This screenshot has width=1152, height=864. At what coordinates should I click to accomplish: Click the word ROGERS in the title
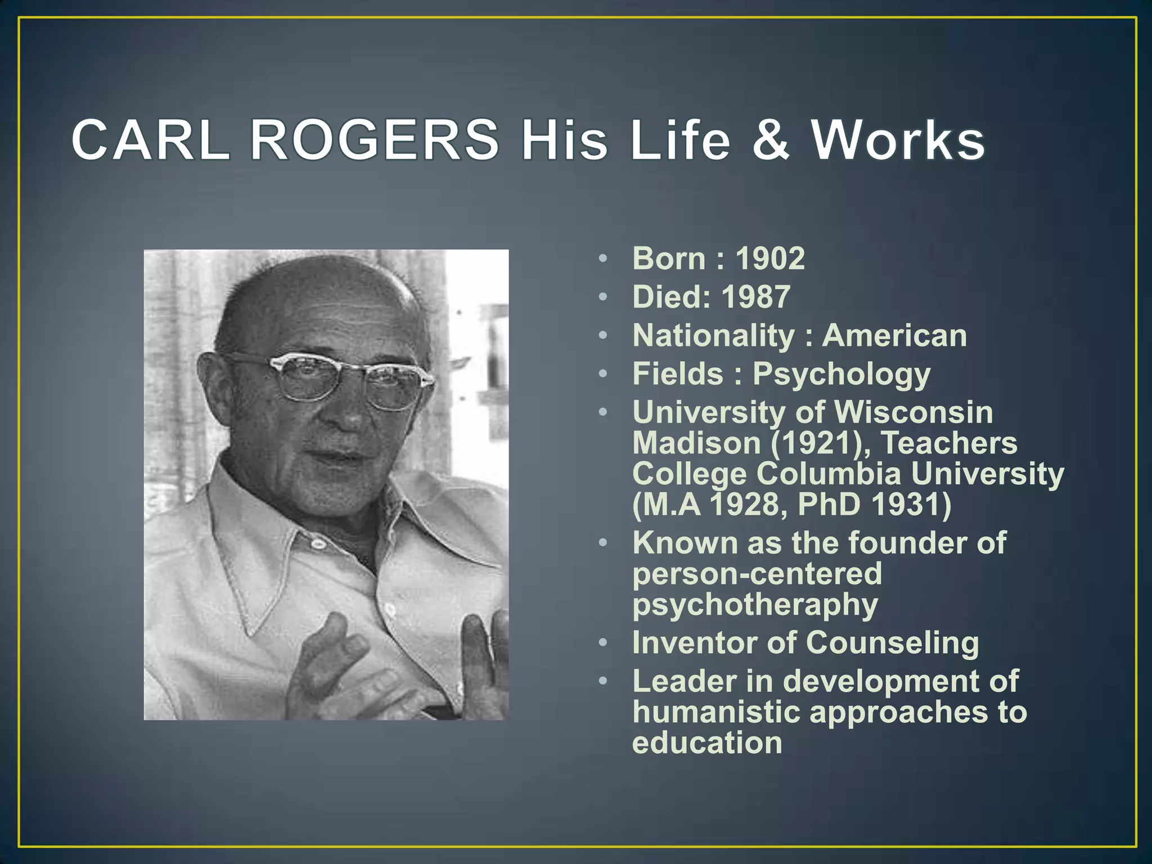click(x=373, y=140)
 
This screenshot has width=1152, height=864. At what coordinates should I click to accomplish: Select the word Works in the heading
click(x=898, y=140)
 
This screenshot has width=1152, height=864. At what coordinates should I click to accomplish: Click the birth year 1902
click(x=770, y=259)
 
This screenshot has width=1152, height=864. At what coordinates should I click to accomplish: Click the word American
click(x=894, y=336)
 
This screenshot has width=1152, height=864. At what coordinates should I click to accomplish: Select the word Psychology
click(x=841, y=375)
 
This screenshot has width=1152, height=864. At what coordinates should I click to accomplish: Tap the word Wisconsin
click(x=914, y=412)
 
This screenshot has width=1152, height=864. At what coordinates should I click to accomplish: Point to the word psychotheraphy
click(x=755, y=605)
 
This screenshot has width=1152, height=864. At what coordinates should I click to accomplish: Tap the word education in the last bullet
click(x=707, y=743)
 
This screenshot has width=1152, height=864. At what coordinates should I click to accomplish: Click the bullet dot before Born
click(x=603, y=259)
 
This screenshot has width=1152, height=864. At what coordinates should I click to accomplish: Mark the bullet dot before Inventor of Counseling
click(x=603, y=643)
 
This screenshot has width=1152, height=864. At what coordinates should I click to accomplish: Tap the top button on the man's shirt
click(x=318, y=543)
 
